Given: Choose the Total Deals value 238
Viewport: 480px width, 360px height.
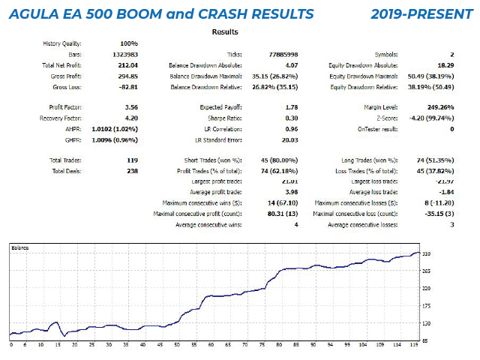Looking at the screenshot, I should tap(133, 170).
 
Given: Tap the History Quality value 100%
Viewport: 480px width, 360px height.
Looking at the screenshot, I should tap(129, 43).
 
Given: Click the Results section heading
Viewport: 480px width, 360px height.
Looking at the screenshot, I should tap(225, 32).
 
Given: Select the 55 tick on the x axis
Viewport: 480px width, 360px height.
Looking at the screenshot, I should tap(194, 346).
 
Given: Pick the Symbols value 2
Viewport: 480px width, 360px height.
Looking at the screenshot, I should tap(452, 55).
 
